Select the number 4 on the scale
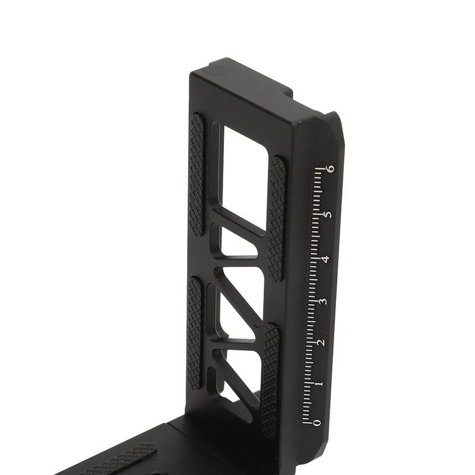pyautogui.click(x=325, y=259)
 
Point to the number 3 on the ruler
pyautogui.click(x=322, y=302)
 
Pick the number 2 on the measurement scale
pyautogui.click(x=321, y=343)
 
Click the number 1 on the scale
pyautogui.click(x=319, y=384)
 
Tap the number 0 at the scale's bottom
pyautogui.click(x=317, y=422)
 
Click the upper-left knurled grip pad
pyautogui.click(x=196, y=175)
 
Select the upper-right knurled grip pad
pyautogui.click(x=275, y=218)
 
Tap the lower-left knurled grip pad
pyautogui.click(x=194, y=332)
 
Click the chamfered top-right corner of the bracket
pyautogui.click(x=338, y=122)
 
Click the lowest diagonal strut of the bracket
pyautogui.click(x=237, y=380)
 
